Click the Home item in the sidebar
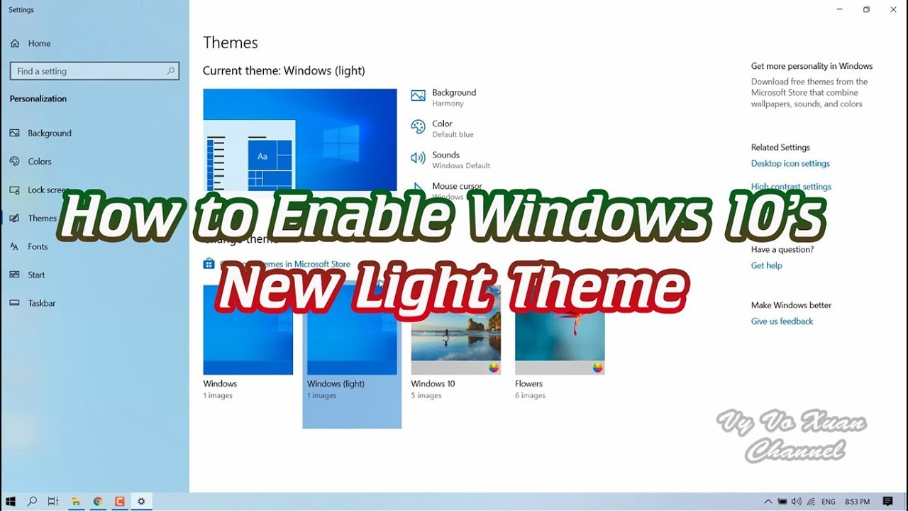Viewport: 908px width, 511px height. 39,43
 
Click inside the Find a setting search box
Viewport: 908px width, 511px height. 89,71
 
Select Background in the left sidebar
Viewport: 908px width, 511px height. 49,133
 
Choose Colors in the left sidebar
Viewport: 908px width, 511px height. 39,162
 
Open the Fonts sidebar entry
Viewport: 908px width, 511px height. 38,247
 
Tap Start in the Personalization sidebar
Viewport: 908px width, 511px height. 36,275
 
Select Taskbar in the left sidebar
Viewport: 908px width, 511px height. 41,304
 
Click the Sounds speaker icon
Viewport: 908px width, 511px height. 418,158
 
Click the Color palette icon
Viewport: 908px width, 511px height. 418,127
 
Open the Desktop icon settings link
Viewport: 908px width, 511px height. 790,164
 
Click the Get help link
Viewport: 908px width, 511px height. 766,266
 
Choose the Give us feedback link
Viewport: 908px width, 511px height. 782,322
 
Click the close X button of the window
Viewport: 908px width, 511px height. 893,10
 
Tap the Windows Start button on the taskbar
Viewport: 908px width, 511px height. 11,502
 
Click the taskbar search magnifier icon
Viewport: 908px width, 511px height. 32,502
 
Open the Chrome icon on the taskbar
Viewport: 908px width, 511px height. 98,502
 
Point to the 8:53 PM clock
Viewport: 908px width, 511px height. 857,502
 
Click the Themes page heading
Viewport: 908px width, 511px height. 231,43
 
